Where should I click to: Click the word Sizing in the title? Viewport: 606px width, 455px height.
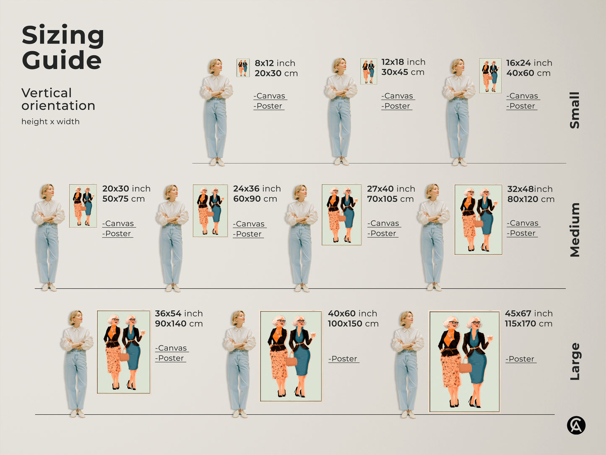[x=62, y=36]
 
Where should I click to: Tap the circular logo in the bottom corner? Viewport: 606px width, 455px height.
[x=576, y=425]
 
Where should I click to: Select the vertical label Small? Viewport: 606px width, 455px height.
[x=575, y=110]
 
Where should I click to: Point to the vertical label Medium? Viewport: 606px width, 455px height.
[x=575, y=230]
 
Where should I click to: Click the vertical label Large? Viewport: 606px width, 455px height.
[x=575, y=361]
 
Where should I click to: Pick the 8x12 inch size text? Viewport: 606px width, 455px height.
[x=275, y=63]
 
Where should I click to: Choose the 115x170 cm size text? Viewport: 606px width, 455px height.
[x=528, y=324]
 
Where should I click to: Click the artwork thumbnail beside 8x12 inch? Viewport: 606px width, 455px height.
[x=243, y=68]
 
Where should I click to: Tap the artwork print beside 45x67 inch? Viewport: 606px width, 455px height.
[x=464, y=361]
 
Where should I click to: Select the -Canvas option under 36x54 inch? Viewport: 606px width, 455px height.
[x=172, y=348]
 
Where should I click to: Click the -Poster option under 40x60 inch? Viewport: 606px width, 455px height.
[x=344, y=359]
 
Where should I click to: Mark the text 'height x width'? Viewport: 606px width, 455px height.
[x=50, y=122]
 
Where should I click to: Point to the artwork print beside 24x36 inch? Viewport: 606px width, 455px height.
[x=210, y=211]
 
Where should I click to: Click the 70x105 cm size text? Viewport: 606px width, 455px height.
[x=390, y=199]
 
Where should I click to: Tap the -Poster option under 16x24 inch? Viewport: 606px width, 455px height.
[x=522, y=106]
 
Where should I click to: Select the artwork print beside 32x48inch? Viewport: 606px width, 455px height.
[x=479, y=220]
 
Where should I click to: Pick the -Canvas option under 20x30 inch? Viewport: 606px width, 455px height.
[x=119, y=223]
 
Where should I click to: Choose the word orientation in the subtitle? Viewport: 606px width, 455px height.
[x=58, y=105]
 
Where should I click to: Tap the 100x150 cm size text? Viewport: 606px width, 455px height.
[x=353, y=324]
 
